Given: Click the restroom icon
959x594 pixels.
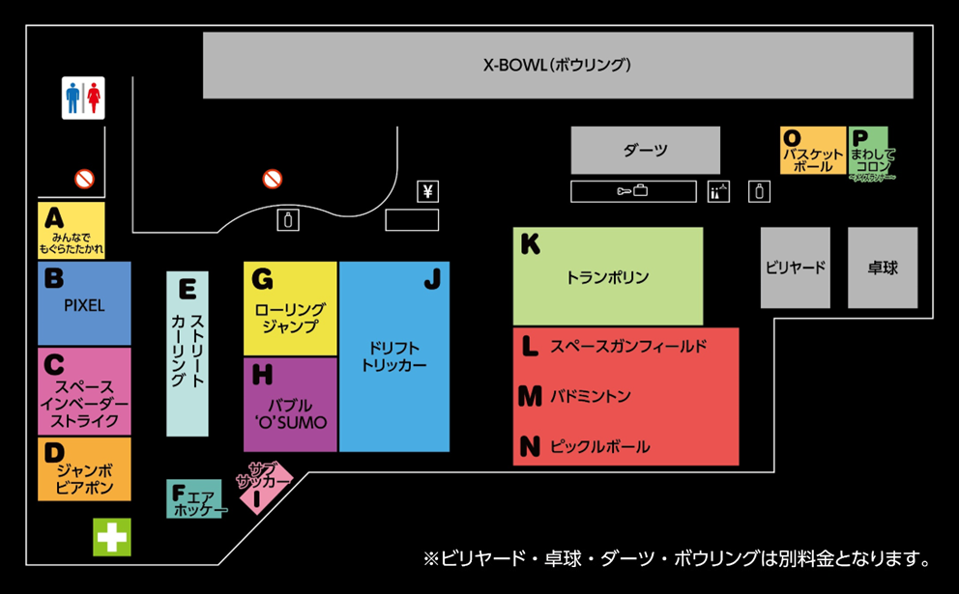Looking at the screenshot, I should click(83, 98).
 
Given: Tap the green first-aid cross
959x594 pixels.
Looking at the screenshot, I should click(112, 536).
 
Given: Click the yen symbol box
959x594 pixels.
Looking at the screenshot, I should click(427, 191).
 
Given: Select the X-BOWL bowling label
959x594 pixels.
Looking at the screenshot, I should click(557, 66).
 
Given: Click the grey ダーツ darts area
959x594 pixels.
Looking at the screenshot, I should click(645, 151).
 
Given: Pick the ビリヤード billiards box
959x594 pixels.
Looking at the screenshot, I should click(795, 268).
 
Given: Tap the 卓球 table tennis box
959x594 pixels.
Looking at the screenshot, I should click(883, 268).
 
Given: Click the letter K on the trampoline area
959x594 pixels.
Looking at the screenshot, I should click(530, 244).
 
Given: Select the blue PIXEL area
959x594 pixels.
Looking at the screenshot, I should click(84, 303).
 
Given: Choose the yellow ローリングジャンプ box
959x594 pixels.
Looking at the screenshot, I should click(290, 308).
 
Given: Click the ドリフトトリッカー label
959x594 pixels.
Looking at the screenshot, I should click(393, 356).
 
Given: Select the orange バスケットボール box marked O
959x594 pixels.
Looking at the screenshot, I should click(813, 151).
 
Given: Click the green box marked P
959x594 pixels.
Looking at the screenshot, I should click(868, 151).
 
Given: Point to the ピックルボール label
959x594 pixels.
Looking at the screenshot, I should click(599, 447).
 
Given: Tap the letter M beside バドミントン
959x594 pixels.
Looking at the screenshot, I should click(530, 396).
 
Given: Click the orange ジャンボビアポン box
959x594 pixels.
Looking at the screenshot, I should click(84, 468).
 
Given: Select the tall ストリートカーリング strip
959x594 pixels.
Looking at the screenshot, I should click(188, 354).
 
